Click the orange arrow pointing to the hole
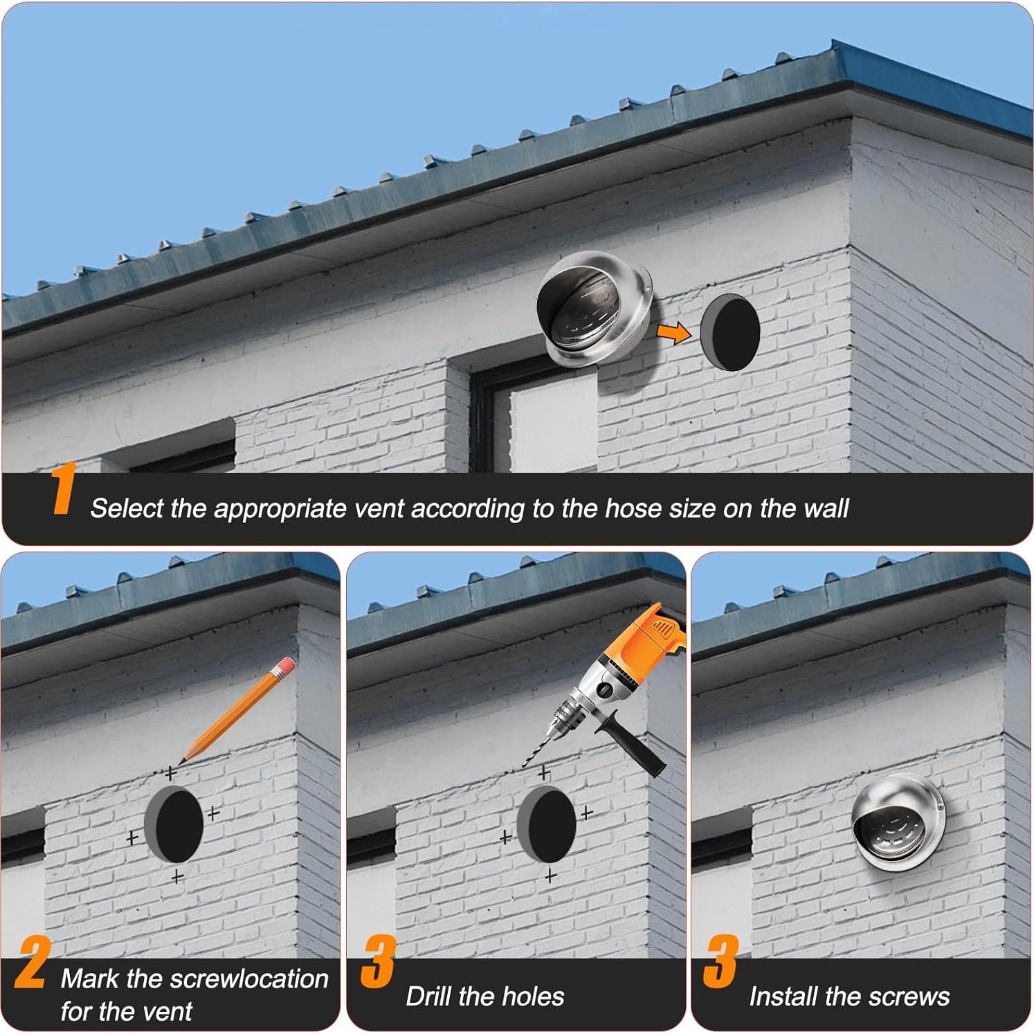tap(673, 333)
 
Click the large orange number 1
tap(63, 489)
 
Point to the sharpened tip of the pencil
tap(183, 761)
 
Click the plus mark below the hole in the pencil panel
tap(178, 877)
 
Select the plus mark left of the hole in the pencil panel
tap(132, 837)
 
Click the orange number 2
tap(31, 962)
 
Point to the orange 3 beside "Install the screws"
tap(720, 962)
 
